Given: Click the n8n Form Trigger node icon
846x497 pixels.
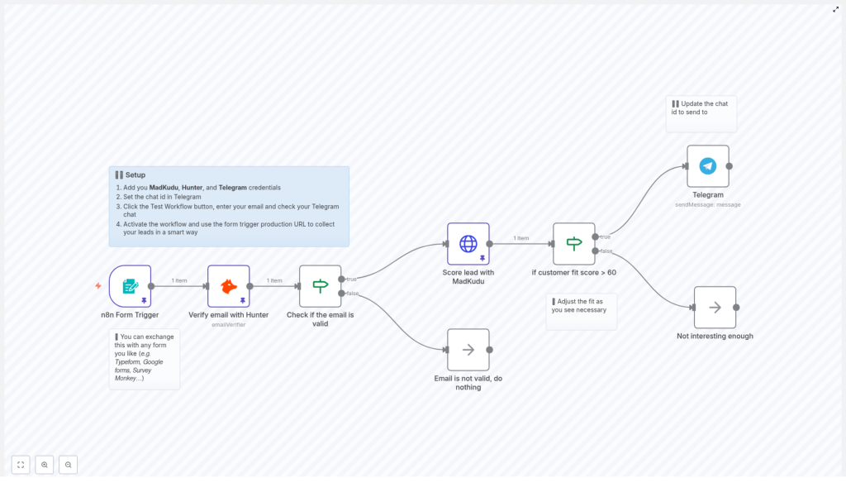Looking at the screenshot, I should pos(130,286).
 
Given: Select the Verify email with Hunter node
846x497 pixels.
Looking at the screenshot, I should pos(229,286).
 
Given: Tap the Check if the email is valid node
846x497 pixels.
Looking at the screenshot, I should pos(320,286).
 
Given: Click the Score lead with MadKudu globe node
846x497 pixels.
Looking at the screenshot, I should pos(468,243).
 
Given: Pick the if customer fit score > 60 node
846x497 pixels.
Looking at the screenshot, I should pos(574,243).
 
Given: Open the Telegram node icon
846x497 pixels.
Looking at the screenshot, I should pos(708,166).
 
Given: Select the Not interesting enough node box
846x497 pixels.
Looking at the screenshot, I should pos(715,308).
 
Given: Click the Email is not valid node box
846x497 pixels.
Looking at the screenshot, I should pos(468,350).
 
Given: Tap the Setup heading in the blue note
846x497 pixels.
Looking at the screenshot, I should pos(135,175).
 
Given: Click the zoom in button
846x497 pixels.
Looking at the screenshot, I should pos(45,465).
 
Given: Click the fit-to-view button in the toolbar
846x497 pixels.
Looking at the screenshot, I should pos(21,465).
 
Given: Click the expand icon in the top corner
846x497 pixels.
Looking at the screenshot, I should pos(835,9).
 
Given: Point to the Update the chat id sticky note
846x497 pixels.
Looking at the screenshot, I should pos(701,112).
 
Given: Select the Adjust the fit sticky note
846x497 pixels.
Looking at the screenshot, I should pos(581,310).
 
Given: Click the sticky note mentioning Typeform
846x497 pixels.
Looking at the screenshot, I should pos(144,358).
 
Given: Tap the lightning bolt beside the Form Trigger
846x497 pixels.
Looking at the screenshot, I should pos(98,286).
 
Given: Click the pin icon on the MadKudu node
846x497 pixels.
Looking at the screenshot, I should pos(482,258).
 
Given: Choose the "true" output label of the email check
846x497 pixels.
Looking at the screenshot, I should pos(352,279).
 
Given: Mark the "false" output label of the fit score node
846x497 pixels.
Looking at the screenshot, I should pos(606,251).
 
